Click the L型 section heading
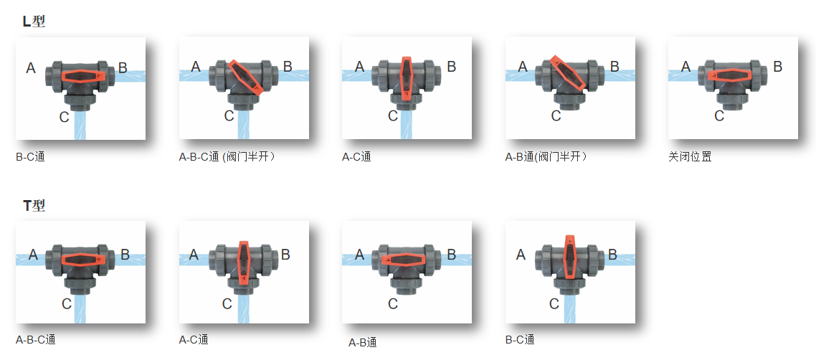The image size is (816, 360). point(34,22)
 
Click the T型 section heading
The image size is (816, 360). point(34,206)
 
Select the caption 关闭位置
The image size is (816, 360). point(690,156)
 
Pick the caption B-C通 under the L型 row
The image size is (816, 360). point(30,156)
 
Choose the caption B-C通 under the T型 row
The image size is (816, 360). point(520,340)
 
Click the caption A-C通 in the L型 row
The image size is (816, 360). point(356,156)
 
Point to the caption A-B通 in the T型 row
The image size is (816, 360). point(363,343)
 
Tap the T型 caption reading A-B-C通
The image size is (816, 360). point(35,340)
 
